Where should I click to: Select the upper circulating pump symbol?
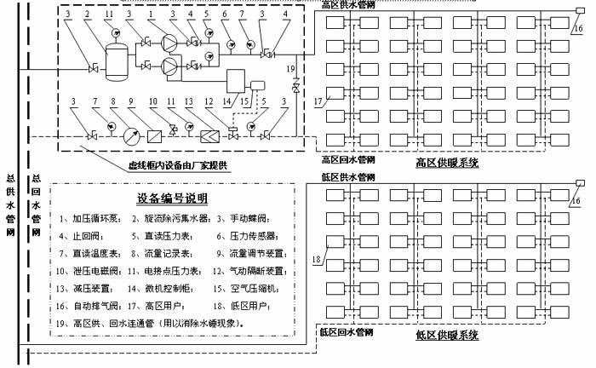pos(171,43)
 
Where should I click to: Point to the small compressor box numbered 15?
pos(256,83)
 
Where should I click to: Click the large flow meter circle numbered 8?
pos(129,135)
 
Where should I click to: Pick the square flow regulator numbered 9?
pos(154,135)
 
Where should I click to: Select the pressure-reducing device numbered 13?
pos(209,135)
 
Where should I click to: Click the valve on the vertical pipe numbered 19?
pos(295,89)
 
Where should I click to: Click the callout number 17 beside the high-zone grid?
pos(319,102)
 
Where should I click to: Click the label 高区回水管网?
pos(347,158)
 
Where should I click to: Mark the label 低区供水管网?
pos(347,177)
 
